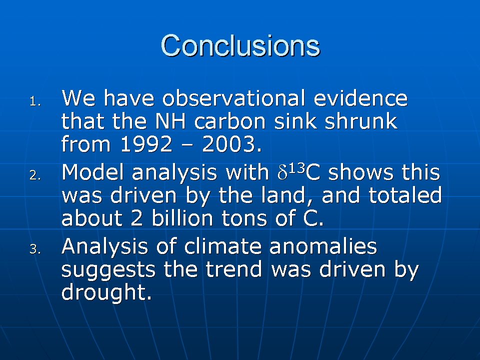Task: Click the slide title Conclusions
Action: (x=240, y=45)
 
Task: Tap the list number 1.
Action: (x=35, y=101)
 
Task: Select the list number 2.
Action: (x=35, y=175)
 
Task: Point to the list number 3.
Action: (x=35, y=249)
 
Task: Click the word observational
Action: (x=233, y=98)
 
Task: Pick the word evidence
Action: (x=360, y=98)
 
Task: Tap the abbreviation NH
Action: (x=170, y=121)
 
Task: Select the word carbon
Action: (x=229, y=121)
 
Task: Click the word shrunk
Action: (x=361, y=121)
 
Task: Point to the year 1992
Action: (x=146, y=144)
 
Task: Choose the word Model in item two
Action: (x=93, y=172)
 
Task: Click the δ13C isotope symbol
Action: (x=298, y=171)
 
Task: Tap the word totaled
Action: (x=405, y=195)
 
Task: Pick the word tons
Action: (x=244, y=218)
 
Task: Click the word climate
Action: (x=222, y=246)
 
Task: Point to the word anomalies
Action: (x=323, y=246)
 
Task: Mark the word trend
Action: (x=234, y=269)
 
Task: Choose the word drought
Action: (x=106, y=292)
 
